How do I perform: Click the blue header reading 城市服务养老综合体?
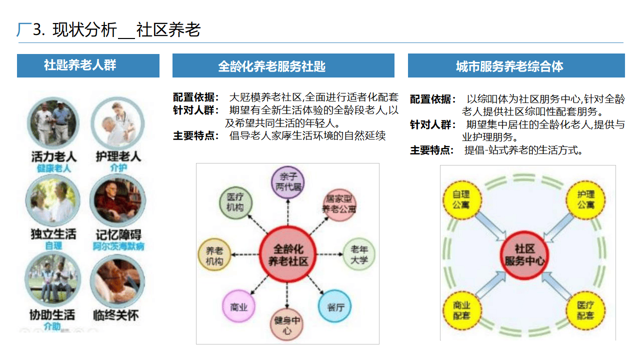[x=516, y=66]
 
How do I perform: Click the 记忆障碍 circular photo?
[x=117, y=200]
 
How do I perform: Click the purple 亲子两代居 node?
[x=287, y=182]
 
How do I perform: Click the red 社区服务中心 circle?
[x=524, y=255]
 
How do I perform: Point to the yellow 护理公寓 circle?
[x=585, y=200]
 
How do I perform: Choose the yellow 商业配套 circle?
[x=462, y=310]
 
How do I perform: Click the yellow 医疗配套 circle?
[x=585, y=310]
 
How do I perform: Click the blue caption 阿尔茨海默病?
[x=118, y=246]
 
